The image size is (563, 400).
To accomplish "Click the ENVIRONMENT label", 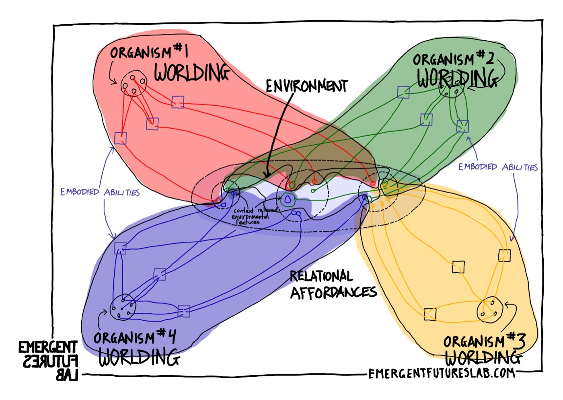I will pos(306,86).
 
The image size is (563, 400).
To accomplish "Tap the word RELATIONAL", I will pos(321,276).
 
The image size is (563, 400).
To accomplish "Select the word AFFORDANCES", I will pos(333,293).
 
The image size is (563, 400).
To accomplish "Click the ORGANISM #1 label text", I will pos(149,52).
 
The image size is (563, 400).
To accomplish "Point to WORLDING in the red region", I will pos(192,72).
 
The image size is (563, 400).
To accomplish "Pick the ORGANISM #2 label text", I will pos(453,59).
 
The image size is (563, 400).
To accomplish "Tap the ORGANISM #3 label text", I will pos(484,341).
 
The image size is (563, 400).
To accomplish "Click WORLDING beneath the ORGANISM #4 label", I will pos(139,357).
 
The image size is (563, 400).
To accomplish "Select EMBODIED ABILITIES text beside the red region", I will pos(100,192).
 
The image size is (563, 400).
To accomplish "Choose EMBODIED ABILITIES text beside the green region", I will pos(498,167).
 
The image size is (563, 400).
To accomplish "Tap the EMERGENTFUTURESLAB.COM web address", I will pos(442,373).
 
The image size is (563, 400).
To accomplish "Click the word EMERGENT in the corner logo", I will pos(47,347).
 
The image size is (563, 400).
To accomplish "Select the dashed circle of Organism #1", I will pos(134,84).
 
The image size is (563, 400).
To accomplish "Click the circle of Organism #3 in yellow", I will pos(489,310).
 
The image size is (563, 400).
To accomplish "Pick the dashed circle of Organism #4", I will pos(123,308).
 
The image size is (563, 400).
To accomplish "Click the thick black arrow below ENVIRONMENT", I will pos(277,133).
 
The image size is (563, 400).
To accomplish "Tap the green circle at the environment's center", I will pos(288,199).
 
